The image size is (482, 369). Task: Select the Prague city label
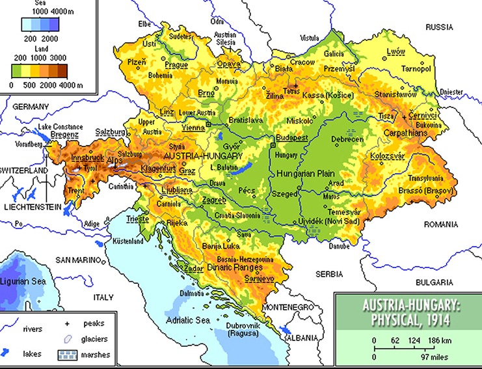point(176,65)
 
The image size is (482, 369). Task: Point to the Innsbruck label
point(88,158)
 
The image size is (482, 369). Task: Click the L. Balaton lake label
point(223,168)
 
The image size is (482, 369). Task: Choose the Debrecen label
point(347,139)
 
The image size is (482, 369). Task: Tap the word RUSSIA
point(438,27)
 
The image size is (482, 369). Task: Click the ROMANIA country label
point(441,224)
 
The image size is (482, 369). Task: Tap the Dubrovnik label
point(243,326)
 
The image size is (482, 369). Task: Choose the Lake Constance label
point(60,126)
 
